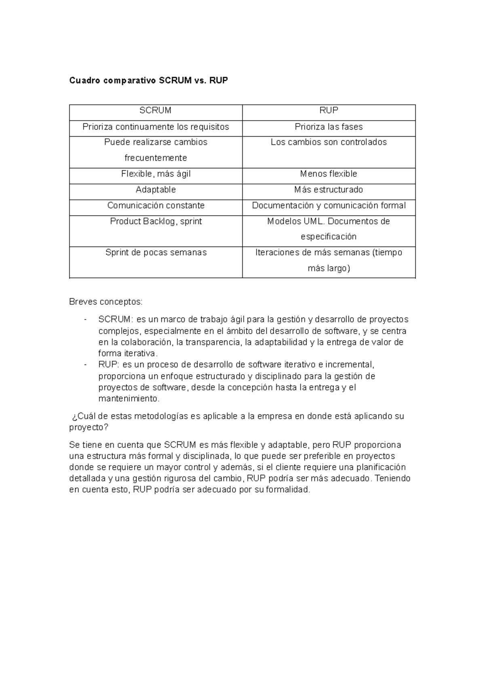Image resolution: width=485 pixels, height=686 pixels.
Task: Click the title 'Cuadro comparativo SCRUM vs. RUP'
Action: tap(148, 80)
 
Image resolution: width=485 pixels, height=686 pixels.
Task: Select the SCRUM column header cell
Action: tap(156, 110)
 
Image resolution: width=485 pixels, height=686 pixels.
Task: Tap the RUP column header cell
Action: tap(329, 110)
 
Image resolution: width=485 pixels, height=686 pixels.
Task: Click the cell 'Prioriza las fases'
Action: tap(329, 127)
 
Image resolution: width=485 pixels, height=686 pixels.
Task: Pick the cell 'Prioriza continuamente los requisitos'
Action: tap(156, 127)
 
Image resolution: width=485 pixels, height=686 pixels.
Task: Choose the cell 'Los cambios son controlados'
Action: tap(329, 142)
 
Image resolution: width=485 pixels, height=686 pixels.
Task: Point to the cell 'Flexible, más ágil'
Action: tap(156, 174)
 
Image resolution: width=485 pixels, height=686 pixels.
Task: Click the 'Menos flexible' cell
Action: tap(329, 174)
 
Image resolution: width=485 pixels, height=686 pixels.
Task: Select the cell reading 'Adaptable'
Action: tap(156, 190)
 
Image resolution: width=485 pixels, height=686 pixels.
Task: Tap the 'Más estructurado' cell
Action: tap(329, 190)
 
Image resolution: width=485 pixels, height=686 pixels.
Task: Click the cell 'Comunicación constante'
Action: tap(156, 205)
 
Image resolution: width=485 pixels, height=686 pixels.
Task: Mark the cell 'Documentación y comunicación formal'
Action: tap(329, 205)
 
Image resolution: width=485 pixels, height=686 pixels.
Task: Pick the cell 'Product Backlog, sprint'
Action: tap(156, 222)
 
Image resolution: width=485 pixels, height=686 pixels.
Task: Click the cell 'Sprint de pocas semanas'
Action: tap(156, 253)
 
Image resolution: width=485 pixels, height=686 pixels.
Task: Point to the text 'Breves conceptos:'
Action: tap(106, 302)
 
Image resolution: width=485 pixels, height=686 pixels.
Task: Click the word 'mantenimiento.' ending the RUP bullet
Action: tap(129, 399)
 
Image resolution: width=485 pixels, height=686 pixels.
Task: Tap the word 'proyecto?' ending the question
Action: tap(89, 428)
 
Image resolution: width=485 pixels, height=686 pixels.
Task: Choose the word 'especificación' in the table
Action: tap(329, 237)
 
